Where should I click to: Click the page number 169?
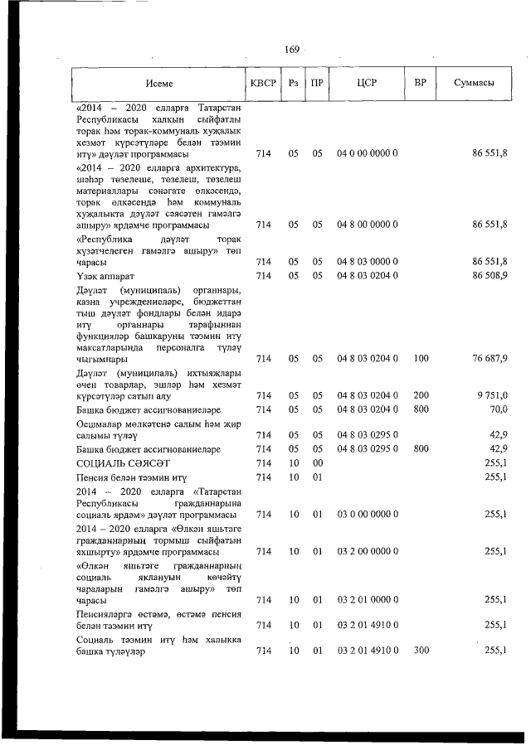(x=291, y=50)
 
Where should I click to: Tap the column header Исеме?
(x=158, y=84)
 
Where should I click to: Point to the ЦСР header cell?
(x=367, y=84)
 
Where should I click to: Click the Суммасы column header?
(x=475, y=84)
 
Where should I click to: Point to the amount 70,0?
(x=498, y=409)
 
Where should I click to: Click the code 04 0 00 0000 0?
(x=368, y=154)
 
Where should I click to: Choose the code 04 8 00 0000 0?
(x=368, y=225)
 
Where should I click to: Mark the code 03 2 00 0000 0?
(x=368, y=551)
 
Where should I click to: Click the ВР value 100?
(x=421, y=358)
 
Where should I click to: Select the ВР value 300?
(x=421, y=651)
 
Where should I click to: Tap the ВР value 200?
(x=421, y=395)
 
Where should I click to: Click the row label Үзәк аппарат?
(x=105, y=275)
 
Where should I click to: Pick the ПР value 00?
(x=317, y=462)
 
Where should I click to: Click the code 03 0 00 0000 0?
(x=368, y=514)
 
